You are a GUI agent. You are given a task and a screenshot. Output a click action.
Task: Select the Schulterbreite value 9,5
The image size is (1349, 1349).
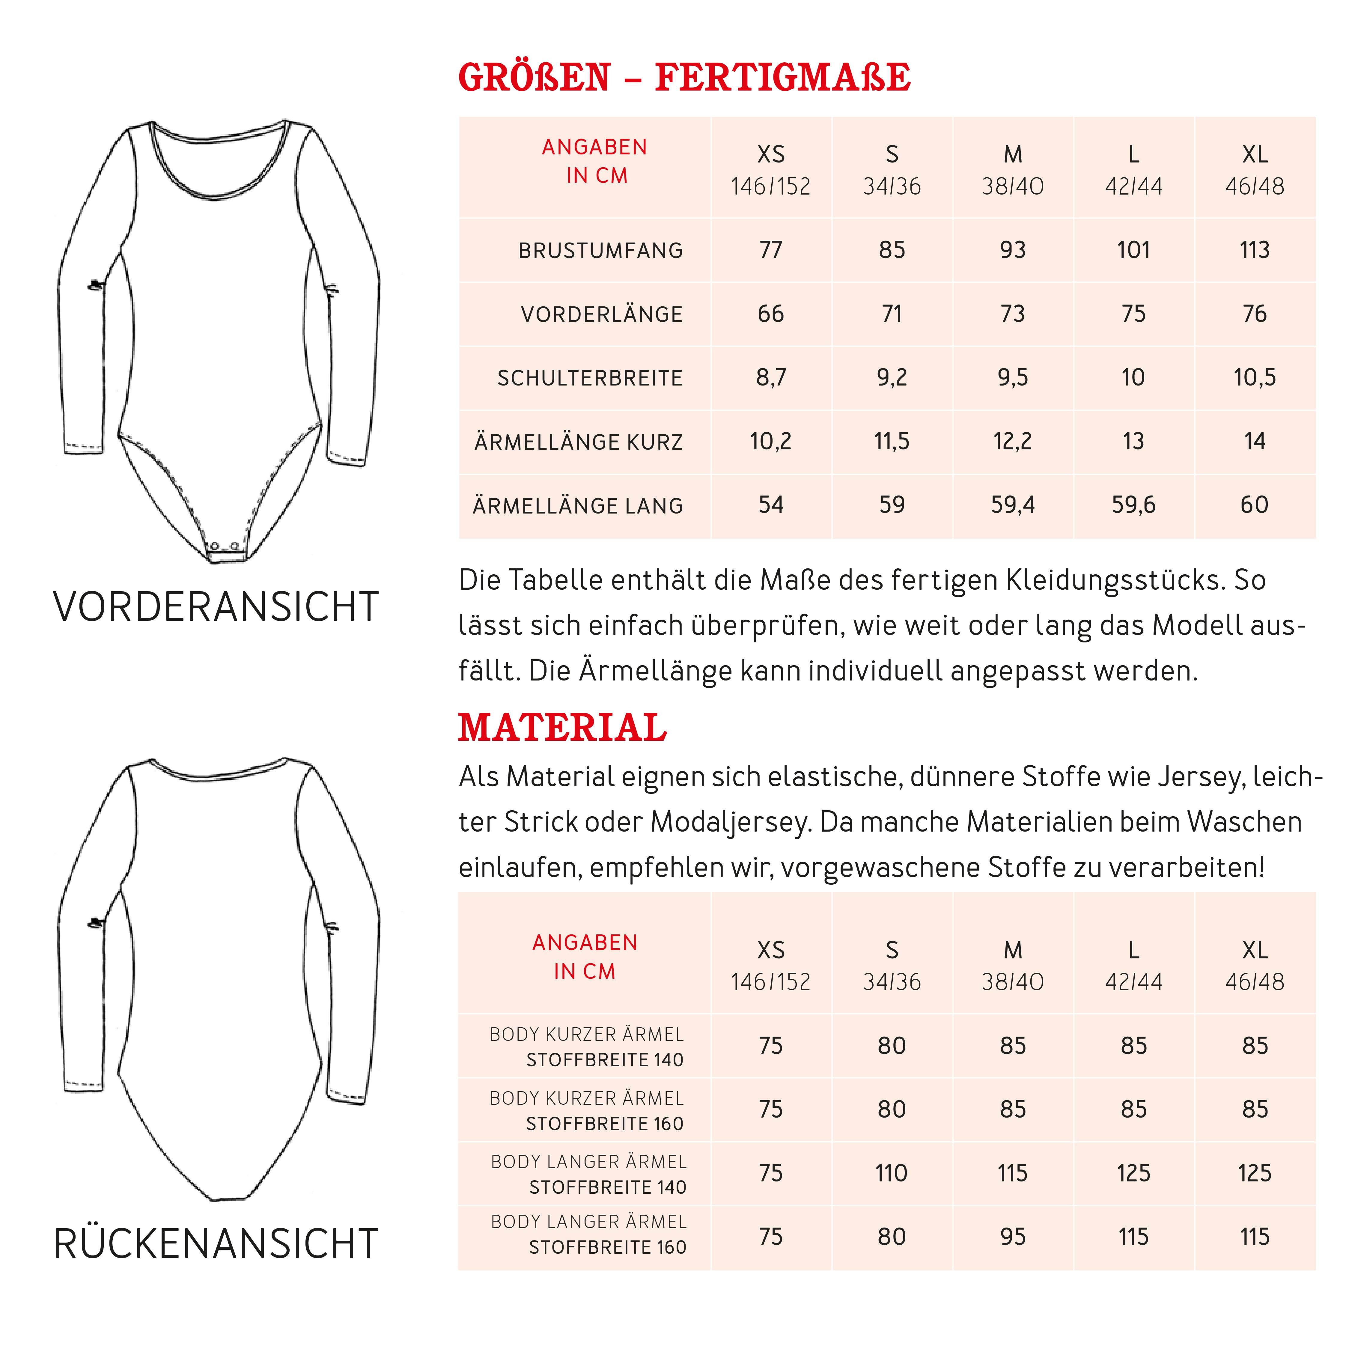pos(1012,378)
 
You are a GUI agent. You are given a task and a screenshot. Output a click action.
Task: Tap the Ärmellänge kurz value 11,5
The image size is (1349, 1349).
pos(892,441)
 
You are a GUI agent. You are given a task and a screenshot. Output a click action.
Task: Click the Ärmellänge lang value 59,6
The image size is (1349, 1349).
pos(1133,505)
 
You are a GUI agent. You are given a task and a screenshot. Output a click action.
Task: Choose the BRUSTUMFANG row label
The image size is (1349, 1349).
pos(600,251)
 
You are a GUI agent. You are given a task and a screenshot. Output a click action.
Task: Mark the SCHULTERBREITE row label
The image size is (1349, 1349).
pos(590,378)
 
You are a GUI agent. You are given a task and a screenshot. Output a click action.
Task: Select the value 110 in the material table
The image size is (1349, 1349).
pos(892,1173)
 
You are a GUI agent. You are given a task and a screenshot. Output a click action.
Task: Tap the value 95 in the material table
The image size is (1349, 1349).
pos(1012,1237)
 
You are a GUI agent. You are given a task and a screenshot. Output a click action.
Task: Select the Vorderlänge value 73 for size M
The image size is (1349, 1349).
pos(1012,314)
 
